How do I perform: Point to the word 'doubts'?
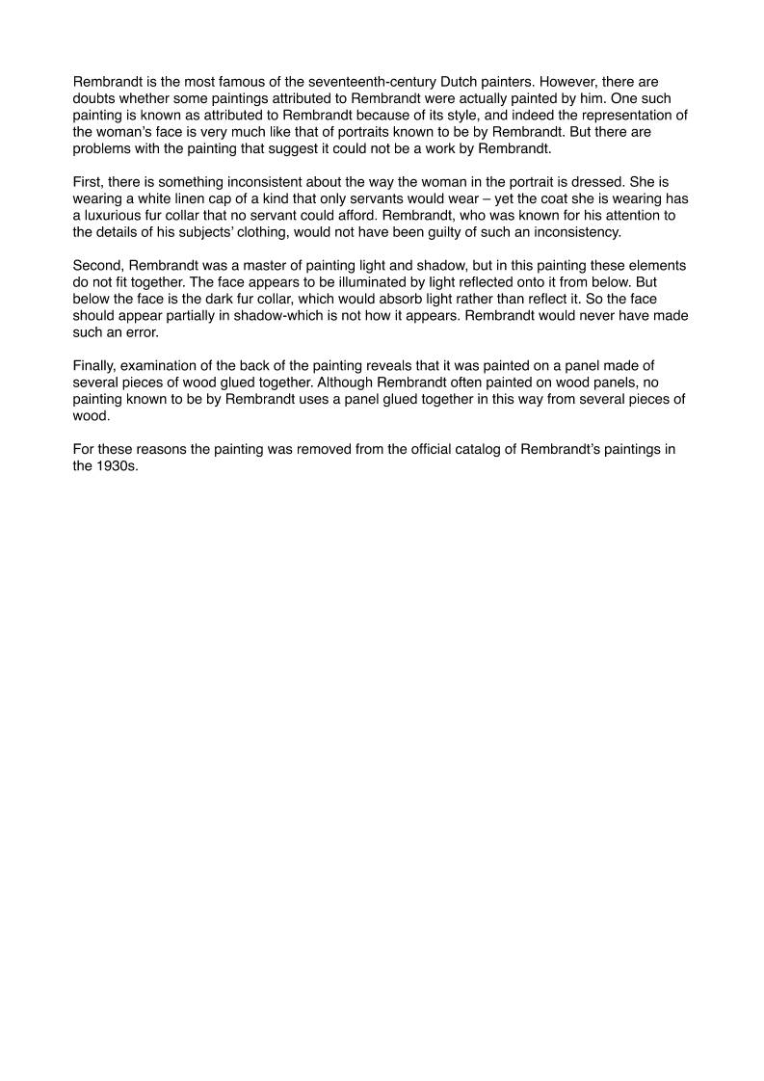point(95,98)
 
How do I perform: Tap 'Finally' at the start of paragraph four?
point(96,364)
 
